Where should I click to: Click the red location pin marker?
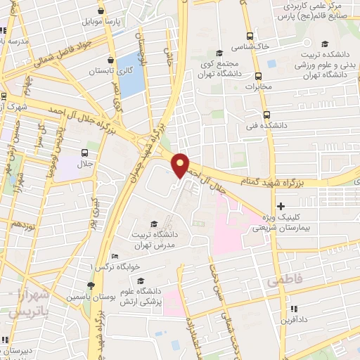coord(181,165)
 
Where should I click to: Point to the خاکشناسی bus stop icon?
coord(250,36)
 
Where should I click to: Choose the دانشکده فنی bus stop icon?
coord(265,115)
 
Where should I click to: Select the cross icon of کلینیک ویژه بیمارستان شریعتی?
coord(281,207)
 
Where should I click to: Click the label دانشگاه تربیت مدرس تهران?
coord(157,239)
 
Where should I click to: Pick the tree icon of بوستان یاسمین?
coord(90,285)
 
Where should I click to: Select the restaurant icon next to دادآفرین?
coord(294,308)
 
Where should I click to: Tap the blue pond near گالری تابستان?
coord(130,74)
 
